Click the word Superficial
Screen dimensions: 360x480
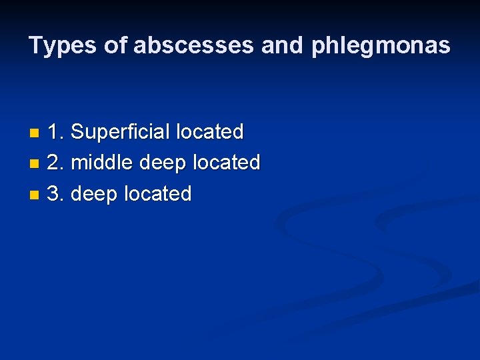[x=120, y=131]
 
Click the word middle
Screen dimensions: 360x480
[x=101, y=162]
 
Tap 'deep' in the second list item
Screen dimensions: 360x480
[x=162, y=163]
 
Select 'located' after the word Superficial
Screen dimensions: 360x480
[x=210, y=131]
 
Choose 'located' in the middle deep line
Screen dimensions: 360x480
[x=226, y=162]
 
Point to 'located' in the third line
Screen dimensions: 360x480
[x=159, y=193]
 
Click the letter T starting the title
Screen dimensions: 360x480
[x=35, y=46]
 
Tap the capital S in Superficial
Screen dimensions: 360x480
[x=77, y=131]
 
